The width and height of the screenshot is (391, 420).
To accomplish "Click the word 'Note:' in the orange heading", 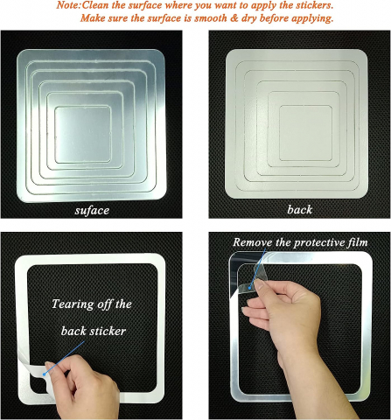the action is point(68,5).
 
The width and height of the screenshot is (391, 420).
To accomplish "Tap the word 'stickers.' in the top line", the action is point(313,5).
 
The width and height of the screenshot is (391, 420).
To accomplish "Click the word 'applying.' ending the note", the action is point(312,18).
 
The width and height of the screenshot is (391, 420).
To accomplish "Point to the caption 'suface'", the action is point(92,210).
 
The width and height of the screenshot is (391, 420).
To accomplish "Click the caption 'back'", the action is point(299,210).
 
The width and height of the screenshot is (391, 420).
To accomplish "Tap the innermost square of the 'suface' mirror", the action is point(83,135).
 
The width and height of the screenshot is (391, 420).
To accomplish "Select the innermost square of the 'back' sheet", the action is point(305,133).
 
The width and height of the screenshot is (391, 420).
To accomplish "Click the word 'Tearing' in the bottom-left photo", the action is point(73,304).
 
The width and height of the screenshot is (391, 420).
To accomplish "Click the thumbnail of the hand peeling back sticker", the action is point(50,365).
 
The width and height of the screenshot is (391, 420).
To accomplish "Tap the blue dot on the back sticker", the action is point(44,374).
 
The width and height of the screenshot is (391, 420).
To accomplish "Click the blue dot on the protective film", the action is point(250,288).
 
